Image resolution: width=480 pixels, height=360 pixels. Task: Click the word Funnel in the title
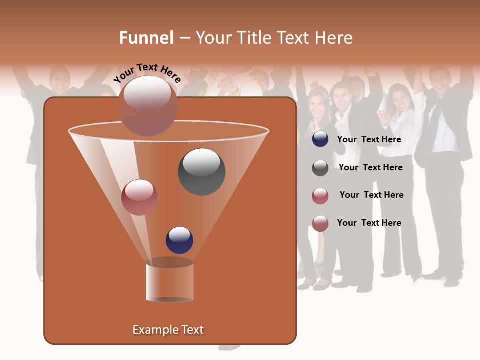click(x=146, y=38)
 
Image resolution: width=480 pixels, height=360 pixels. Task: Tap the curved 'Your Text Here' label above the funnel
click(x=147, y=73)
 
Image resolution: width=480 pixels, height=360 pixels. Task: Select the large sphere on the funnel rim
click(x=148, y=106)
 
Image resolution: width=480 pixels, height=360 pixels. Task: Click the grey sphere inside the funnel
click(x=201, y=171)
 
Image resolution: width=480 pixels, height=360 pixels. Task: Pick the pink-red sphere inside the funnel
click(x=139, y=197)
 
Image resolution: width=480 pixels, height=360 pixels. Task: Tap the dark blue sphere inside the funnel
click(x=179, y=240)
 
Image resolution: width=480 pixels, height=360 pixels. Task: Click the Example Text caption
click(x=168, y=330)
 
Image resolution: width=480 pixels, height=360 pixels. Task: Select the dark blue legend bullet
click(x=320, y=139)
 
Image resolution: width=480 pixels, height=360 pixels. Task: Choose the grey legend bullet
click(x=320, y=167)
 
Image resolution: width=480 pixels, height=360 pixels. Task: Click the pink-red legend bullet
click(x=320, y=195)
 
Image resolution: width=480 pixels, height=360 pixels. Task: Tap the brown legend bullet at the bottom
click(x=320, y=223)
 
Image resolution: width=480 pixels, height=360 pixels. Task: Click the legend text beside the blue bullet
click(x=369, y=139)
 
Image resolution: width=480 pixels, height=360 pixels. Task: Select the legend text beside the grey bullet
click(x=370, y=167)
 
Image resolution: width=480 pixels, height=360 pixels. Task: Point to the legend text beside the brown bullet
click(x=369, y=223)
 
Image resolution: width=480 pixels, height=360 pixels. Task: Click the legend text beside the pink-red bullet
click(x=371, y=195)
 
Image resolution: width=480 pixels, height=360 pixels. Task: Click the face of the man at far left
click(x=59, y=80)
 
